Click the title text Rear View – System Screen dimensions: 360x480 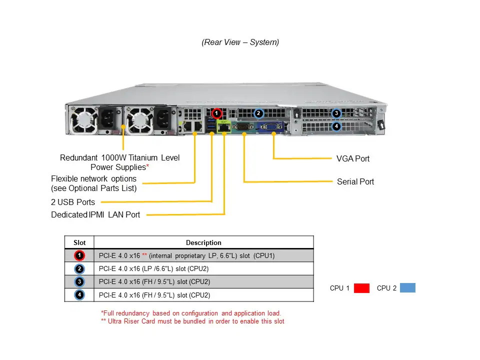[240, 42]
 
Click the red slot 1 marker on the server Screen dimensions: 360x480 [216, 113]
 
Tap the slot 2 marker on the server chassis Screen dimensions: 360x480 [258, 113]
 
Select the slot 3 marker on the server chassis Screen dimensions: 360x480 [336, 113]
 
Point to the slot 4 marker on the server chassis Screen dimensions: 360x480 [336, 126]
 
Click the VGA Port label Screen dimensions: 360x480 [353, 158]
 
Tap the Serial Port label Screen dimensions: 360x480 [355, 181]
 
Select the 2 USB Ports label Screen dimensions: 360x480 [73, 202]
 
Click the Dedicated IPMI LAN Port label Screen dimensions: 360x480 [95, 215]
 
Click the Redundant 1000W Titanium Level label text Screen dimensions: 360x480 [119, 158]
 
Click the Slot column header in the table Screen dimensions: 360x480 [79, 242]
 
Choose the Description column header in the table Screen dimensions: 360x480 [203, 242]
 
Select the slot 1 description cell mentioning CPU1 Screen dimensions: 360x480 [187, 256]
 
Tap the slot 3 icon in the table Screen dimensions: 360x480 [79, 282]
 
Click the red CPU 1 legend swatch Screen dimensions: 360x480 [361, 288]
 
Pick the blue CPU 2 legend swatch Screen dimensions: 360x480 [407, 288]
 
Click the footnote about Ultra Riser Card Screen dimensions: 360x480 [192, 321]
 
